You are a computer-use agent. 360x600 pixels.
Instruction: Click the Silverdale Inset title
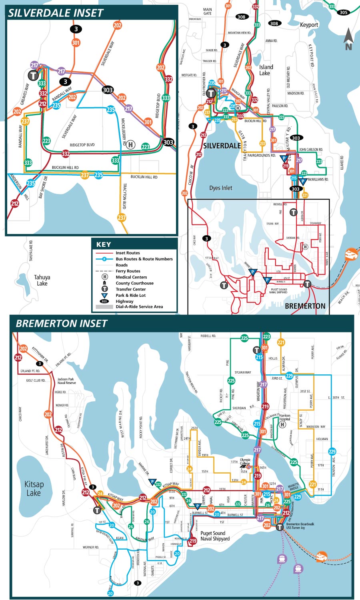coord(56,13)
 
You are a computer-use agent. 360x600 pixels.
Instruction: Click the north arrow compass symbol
coord(348,39)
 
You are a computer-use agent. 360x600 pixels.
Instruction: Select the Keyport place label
coord(309,25)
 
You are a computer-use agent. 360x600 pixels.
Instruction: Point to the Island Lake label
coord(266,70)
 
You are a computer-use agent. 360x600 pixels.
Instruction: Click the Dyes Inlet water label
coord(220,188)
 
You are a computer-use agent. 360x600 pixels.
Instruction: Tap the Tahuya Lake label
coord(42,280)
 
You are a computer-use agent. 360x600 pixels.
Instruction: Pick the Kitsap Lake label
coord(34,488)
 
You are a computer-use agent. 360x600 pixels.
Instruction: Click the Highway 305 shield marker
coord(343,12)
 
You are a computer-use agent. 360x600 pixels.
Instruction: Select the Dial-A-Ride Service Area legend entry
coord(139,307)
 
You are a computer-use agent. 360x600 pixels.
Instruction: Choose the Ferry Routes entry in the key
coord(128,271)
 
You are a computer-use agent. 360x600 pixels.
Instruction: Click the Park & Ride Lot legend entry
coord(130,295)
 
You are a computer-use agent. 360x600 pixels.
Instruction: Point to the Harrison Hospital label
coord(285,417)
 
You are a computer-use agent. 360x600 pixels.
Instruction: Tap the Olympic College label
coord(245,462)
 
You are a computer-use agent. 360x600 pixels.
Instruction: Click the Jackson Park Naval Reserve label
coord(66,381)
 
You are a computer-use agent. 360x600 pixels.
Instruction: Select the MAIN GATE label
coord(207,12)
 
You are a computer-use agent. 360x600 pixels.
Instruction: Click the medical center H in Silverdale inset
coord(130,145)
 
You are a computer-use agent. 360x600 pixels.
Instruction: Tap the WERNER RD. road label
coord(91,547)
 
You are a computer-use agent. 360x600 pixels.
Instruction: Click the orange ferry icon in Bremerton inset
coord(321,556)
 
